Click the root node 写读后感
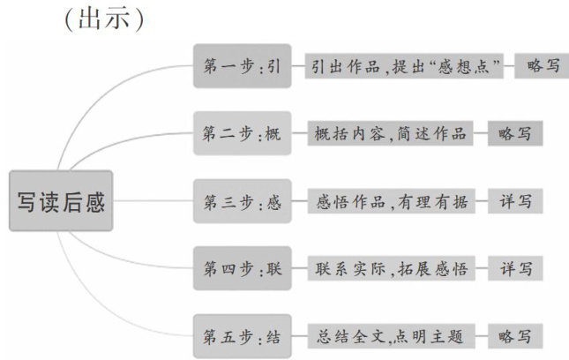click(60, 202)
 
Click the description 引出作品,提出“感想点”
click(406, 66)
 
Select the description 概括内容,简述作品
click(388, 134)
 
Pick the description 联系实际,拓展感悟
click(388, 268)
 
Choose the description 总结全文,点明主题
click(388, 335)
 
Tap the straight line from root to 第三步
click(154, 201)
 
